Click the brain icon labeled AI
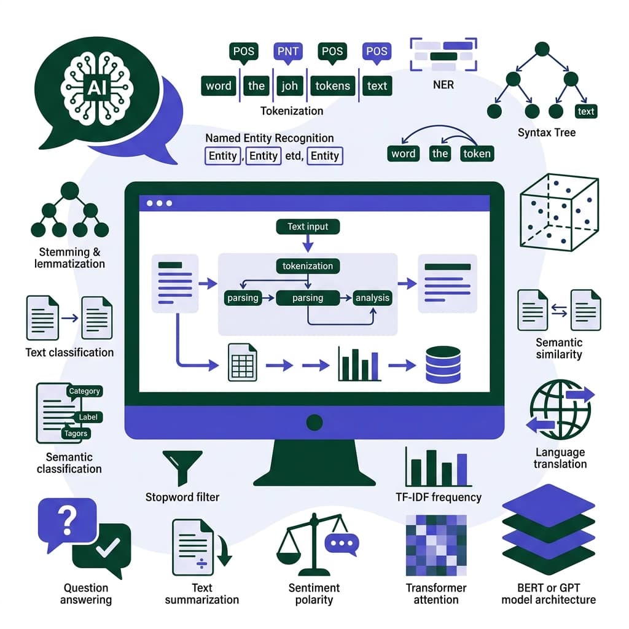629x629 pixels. point(96,87)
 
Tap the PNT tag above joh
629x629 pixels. point(287,52)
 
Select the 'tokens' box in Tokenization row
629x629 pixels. point(332,86)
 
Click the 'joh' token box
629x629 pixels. point(289,86)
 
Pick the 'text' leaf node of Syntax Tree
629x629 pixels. point(586,111)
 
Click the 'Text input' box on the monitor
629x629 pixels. point(308,227)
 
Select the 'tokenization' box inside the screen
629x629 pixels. point(308,266)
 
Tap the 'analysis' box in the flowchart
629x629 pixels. point(372,298)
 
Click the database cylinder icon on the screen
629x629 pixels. point(442,365)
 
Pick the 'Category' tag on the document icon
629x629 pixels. point(84,391)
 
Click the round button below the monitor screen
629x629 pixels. point(314,422)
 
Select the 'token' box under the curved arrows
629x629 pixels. point(477,154)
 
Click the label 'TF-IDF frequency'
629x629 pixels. point(439,497)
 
